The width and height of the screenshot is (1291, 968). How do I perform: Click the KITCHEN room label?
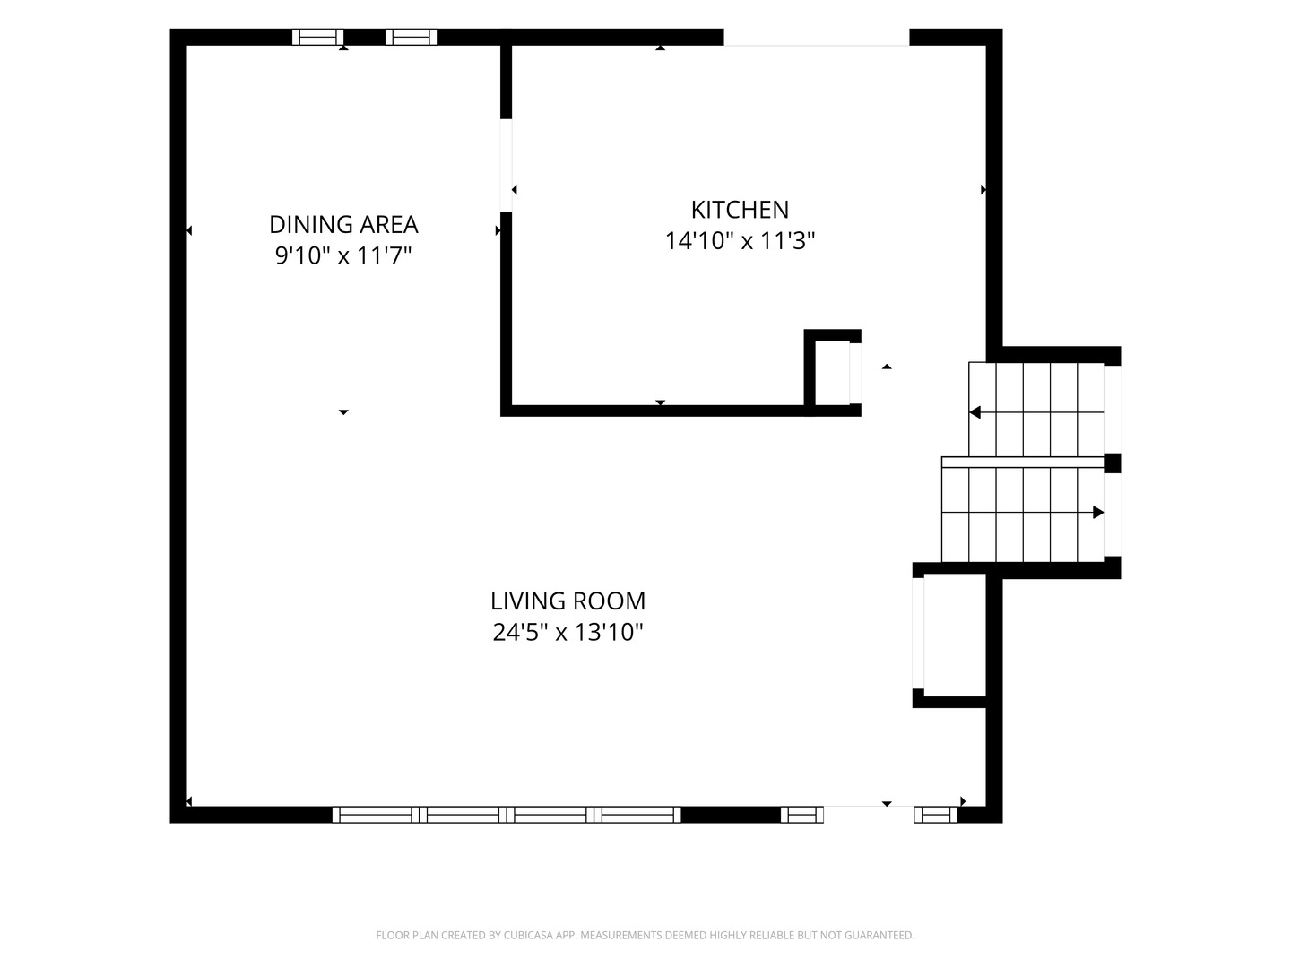[x=740, y=210]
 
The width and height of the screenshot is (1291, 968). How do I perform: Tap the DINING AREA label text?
[x=343, y=224]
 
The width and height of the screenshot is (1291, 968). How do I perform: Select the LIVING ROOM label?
[x=568, y=601]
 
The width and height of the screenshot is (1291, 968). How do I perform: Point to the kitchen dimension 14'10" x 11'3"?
[x=740, y=241]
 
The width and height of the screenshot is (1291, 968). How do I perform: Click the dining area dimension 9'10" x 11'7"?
[x=343, y=255]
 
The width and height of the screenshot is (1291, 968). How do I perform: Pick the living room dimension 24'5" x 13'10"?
[x=568, y=633]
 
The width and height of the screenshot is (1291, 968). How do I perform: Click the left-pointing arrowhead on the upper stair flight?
[x=975, y=412]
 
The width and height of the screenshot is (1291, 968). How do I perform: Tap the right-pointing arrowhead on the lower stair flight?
[x=1097, y=513]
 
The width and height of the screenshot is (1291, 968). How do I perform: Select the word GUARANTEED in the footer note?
[x=881, y=935]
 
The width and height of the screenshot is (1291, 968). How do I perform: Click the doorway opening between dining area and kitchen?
[x=506, y=165]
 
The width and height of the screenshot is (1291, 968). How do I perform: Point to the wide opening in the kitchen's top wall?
[x=817, y=37]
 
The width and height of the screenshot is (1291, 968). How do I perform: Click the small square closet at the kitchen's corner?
[x=832, y=373]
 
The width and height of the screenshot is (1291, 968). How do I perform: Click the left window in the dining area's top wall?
[x=317, y=37]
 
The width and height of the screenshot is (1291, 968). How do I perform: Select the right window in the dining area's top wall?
[x=412, y=37]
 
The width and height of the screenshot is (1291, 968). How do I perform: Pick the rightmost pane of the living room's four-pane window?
[x=637, y=815]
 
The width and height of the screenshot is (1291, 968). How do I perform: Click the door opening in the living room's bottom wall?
[x=869, y=815]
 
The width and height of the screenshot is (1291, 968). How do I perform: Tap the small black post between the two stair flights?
[x=1113, y=463]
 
